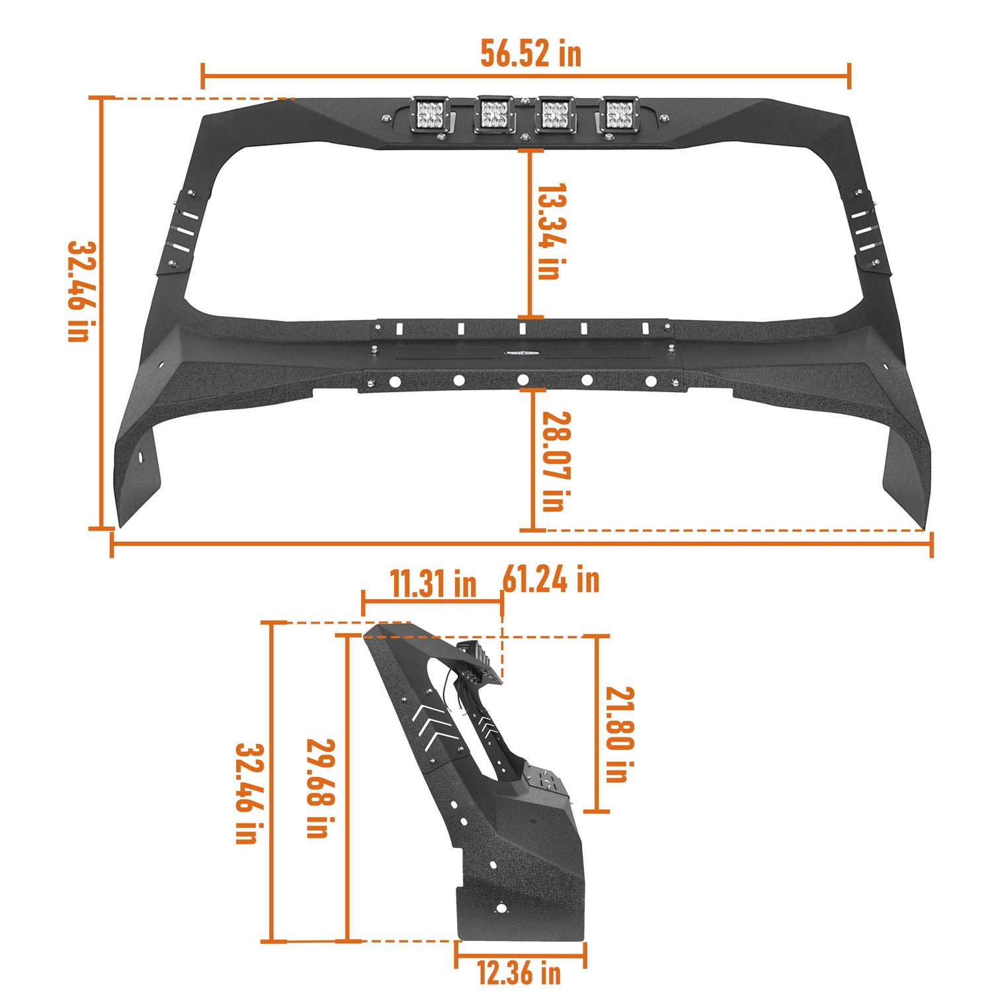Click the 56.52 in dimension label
(530, 54)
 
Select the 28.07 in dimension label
(555, 461)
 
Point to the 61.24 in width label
(552, 580)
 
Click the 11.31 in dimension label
(433, 584)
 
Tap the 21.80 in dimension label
(619, 734)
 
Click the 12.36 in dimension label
(519, 973)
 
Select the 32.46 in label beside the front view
(80, 291)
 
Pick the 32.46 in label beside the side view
(248, 793)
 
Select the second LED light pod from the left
(493, 114)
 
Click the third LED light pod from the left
(556, 114)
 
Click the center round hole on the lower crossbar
(523, 380)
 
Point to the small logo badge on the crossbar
(522, 352)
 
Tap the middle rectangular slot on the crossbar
(522, 328)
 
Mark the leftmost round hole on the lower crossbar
(394, 382)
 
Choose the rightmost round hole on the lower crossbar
(651, 382)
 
